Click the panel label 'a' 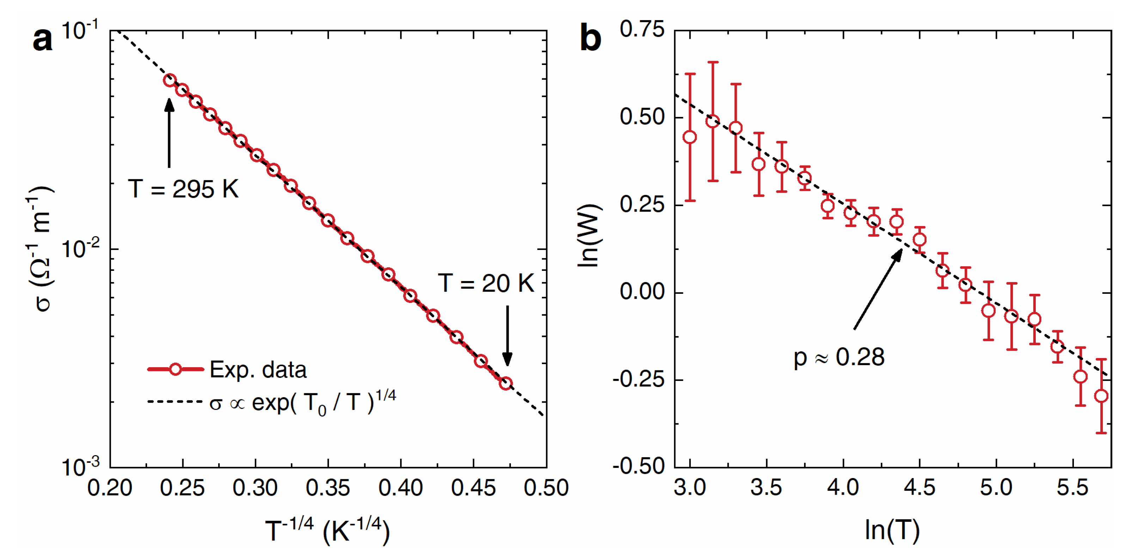pos(43,40)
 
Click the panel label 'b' pos(591,39)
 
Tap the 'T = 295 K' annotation pos(183,189)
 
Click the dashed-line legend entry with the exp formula pos(272,402)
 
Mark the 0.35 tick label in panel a pos(328,488)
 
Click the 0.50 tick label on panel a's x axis pos(546,488)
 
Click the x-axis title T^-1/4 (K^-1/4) pos(328,531)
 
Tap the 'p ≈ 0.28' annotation pos(839,357)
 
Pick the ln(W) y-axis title pos(589,235)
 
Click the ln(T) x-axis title pos(892,530)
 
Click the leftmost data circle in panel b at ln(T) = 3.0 pos(690,137)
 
